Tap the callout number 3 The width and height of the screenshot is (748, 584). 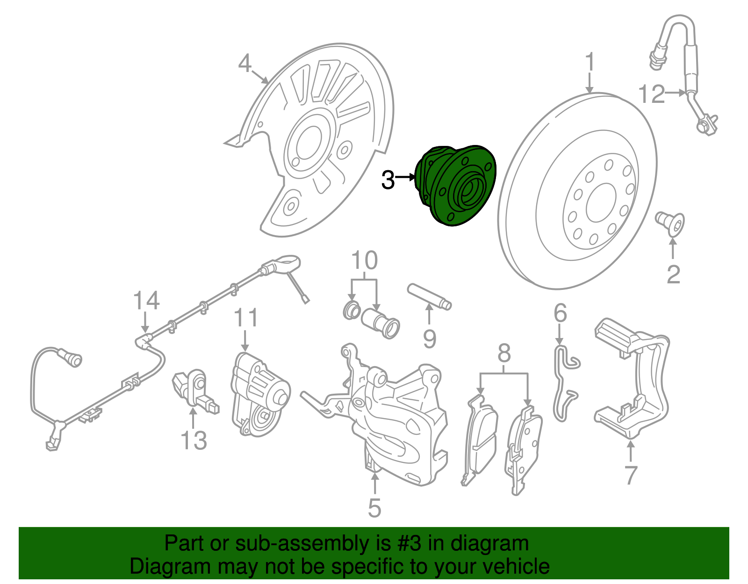coord(388,180)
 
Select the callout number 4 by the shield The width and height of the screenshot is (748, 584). coord(245,63)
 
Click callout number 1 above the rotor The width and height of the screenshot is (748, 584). coord(590,62)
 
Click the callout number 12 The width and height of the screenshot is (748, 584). coord(651,94)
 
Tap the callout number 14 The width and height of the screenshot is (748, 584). coord(146,300)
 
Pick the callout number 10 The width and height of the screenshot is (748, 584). coord(364,260)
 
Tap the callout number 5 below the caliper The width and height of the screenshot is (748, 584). coord(374,508)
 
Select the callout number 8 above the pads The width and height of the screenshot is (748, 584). coord(504,354)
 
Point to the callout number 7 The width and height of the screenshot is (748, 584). coord(631,475)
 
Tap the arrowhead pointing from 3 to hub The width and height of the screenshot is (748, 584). coord(412,177)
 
